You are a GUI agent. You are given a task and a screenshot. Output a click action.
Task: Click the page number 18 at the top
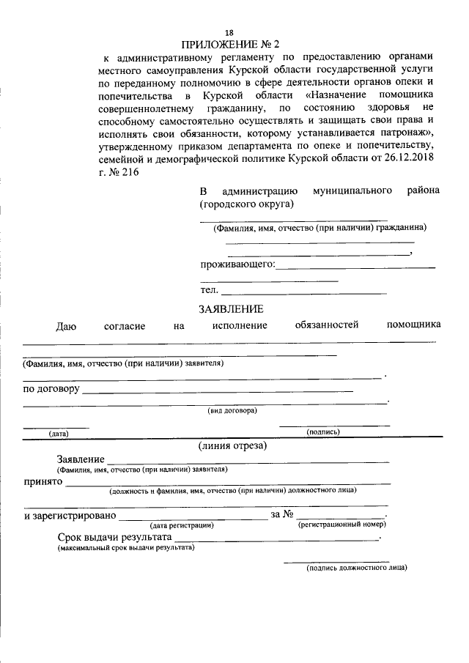pyautogui.click(x=229, y=33)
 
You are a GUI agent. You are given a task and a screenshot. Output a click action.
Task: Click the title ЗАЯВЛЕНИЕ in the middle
pyautogui.click(x=231, y=308)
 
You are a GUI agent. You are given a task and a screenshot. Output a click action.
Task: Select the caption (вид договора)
pyautogui.click(x=232, y=410)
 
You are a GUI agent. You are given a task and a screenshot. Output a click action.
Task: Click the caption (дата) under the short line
pyautogui.click(x=59, y=433)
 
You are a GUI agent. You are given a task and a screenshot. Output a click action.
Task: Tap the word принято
pyautogui.click(x=43, y=483)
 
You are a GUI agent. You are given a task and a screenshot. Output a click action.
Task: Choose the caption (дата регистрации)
pyautogui.click(x=182, y=525)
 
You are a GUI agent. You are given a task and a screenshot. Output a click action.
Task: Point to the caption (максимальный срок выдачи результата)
pyautogui.click(x=126, y=547)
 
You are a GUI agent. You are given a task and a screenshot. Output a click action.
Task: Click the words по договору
pyautogui.click(x=51, y=388)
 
